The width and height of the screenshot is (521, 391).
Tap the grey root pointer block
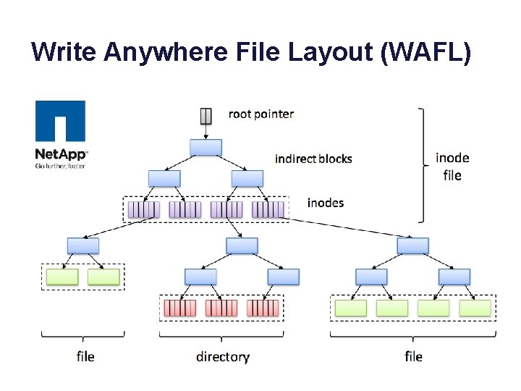click(x=206, y=115)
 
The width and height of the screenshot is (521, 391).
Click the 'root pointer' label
click(x=261, y=114)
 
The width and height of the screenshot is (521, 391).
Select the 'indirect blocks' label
click(x=313, y=159)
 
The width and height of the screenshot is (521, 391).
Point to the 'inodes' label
click(x=326, y=203)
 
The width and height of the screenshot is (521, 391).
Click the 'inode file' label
click(x=452, y=167)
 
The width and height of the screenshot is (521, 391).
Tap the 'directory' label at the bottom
click(x=222, y=356)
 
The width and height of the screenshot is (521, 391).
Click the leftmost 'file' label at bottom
click(x=85, y=356)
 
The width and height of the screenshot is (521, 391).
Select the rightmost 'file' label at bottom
click(x=413, y=356)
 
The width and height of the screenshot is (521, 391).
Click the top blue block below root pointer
click(x=206, y=147)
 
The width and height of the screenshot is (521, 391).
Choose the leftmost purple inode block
click(x=143, y=210)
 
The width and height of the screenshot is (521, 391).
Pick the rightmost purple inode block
click(x=268, y=210)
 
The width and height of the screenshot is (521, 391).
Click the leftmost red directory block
click(x=179, y=308)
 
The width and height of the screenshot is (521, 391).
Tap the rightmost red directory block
click(x=263, y=308)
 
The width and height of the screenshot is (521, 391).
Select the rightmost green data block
click(x=475, y=308)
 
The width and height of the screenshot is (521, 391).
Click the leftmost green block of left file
click(x=62, y=276)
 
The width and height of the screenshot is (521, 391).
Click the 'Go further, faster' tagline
click(x=61, y=164)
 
